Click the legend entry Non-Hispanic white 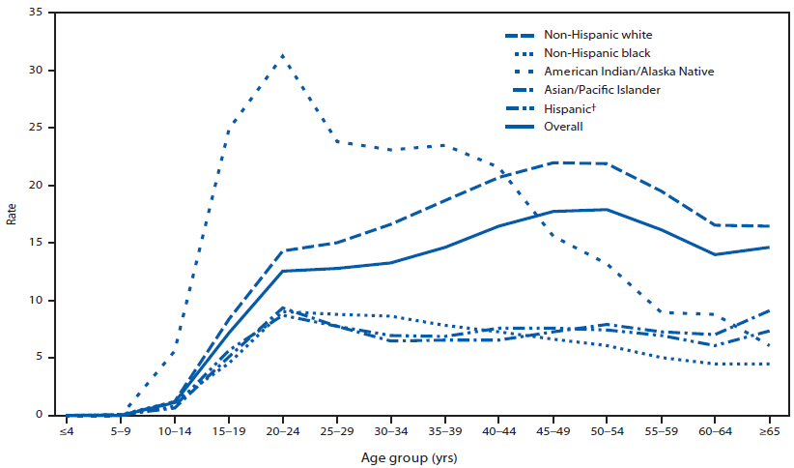[x=597, y=35]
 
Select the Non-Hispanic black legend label [x=597, y=53]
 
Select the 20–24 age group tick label [x=282, y=434]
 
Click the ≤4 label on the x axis [x=67, y=434]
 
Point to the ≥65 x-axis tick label [x=768, y=434]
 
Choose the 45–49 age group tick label [x=552, y=434]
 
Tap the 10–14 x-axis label [x=174, y=434]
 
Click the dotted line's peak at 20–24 [x=282, y=55]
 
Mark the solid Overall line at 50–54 [x=606, y=209]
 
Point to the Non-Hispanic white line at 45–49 [x=552, y=162]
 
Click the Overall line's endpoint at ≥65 [x=768, y=248]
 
